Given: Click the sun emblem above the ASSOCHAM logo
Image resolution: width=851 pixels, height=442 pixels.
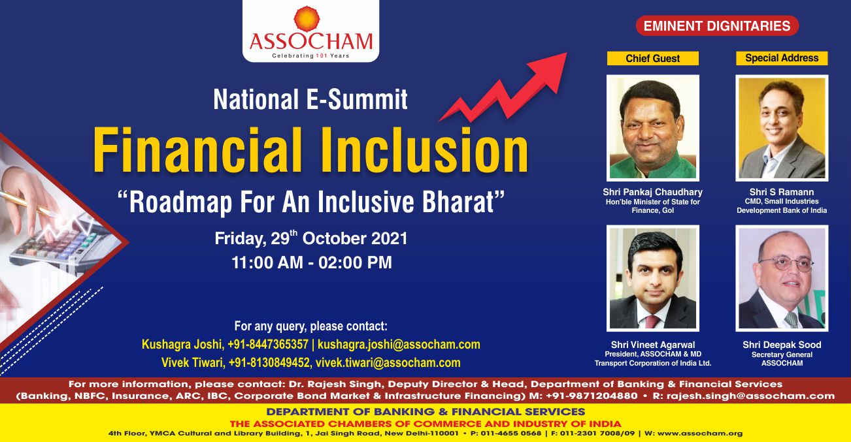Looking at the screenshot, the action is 307,18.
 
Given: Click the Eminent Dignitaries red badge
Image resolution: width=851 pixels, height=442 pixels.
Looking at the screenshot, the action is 717,26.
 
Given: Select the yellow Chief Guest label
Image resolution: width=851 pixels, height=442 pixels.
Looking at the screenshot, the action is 653,58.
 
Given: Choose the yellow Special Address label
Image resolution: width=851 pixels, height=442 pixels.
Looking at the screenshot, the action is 782,58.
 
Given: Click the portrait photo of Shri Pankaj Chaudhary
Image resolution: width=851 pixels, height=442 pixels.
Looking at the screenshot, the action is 653,128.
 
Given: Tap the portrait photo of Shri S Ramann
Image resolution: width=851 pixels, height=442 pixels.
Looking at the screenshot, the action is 782,128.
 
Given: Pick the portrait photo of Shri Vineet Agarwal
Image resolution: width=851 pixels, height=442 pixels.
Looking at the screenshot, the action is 653,278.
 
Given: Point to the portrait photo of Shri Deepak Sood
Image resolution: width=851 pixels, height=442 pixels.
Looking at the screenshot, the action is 782,278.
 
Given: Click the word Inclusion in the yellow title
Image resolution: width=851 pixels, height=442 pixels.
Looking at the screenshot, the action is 425,150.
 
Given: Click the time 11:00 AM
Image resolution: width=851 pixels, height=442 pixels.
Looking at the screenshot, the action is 267,262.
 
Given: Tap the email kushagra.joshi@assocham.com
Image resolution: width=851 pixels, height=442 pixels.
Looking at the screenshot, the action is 399,344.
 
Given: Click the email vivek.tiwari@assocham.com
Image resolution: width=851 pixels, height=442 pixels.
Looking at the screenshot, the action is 388,362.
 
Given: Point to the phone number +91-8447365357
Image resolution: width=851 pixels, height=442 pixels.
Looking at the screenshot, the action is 268,344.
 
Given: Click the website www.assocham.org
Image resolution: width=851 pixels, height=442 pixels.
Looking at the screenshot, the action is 700,434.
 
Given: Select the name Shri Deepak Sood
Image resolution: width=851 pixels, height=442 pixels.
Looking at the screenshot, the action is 782,345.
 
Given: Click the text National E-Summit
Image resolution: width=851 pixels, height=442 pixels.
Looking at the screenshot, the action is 310,99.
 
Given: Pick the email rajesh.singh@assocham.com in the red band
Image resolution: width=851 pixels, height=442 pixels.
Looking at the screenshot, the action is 751,396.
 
